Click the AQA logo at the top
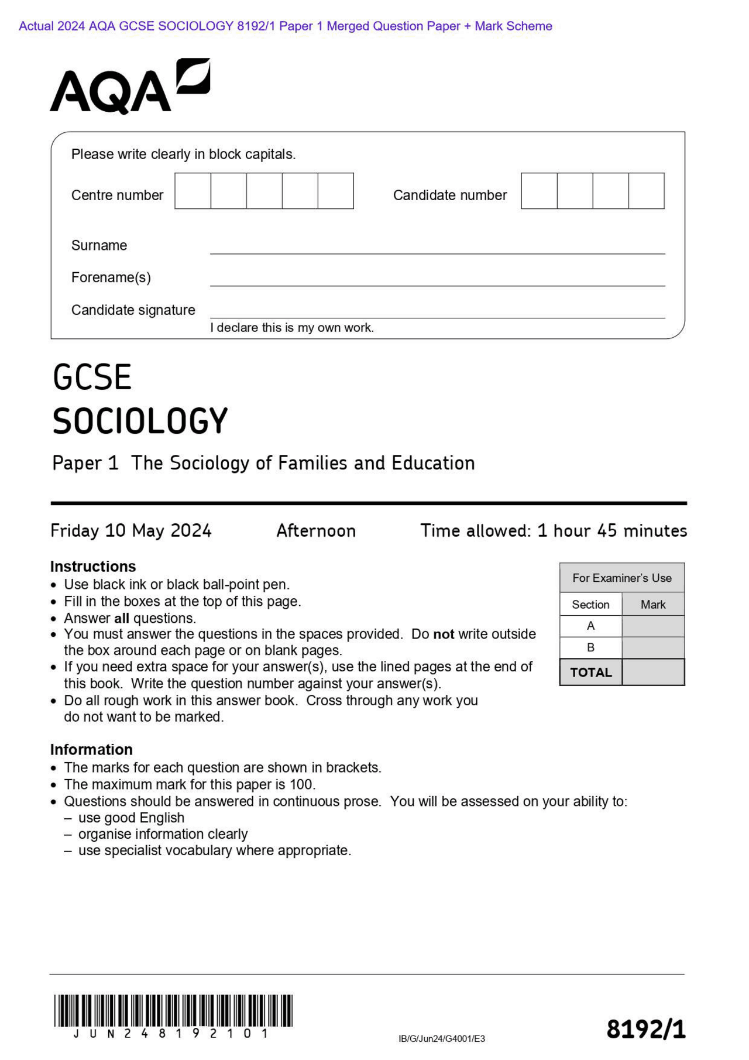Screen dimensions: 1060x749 pos(129,87)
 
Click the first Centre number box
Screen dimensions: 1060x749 pos(193,191)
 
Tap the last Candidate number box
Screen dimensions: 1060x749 pos(646,191)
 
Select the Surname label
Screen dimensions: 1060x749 pos(99,245)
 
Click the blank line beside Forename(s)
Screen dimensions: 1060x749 pos(437,279)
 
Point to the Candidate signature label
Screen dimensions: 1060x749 pos(133,310)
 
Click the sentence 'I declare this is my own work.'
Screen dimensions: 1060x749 pos(291,328)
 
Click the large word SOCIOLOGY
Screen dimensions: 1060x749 pos(140,421)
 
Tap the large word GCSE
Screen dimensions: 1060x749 pos(92,378)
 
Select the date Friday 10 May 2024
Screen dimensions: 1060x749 pos(130,530)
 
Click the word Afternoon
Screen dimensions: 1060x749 pos(315,530)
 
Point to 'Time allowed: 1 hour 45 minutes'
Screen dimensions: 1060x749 pos(553,530)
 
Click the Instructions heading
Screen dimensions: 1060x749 pos(92,566)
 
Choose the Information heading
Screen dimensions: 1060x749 pos(91,749)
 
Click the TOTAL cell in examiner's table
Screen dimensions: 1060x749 pos(590,672)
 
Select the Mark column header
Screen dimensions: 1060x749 pos(652,604)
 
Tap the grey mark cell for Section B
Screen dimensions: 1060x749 pos(652,647)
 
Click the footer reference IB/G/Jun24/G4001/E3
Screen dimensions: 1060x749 pos(441,1038)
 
